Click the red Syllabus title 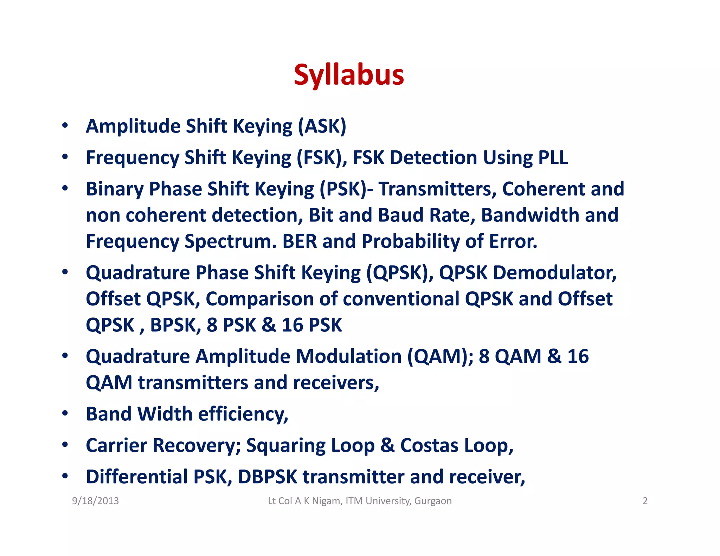[x=349, y=75]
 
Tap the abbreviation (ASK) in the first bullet [x=322, y=126]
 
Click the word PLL [x=553, y=157]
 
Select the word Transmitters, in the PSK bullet [x=437, y=189]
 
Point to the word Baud [x=400, y=215]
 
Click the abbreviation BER [x=300, y=241]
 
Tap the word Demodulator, [x=555, y=273]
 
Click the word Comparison [x=259, y=299]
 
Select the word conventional [x=401, y=299]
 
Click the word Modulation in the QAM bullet [x=349, y=356]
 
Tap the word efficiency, [x=243, y=414]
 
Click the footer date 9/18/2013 [x=95, y=501]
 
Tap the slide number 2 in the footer [x=645, y=501]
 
